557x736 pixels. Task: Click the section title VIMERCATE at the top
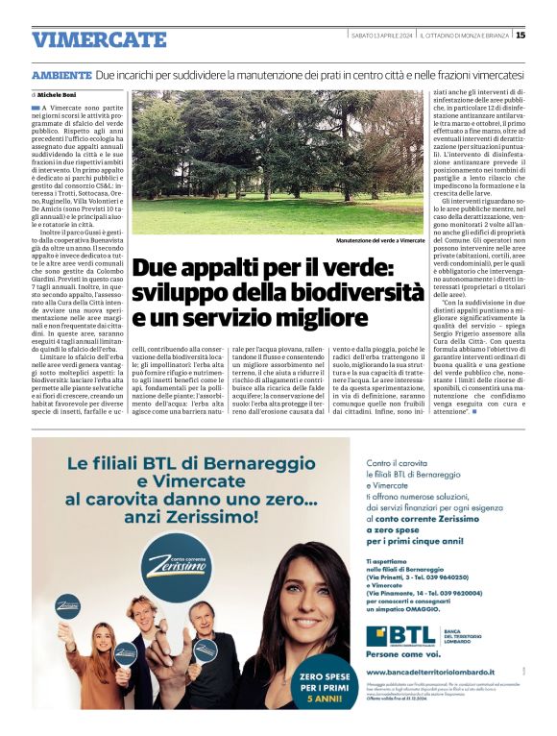(x=99, y=39)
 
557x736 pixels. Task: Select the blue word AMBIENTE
(x=61, y=74)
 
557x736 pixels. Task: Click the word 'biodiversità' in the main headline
(x=350, y=290)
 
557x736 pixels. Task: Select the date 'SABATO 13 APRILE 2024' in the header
(x=382, y=36)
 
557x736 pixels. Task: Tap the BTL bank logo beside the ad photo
(x=396, y=636)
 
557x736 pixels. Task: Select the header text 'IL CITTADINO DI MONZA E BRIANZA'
(x=463, y=36)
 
